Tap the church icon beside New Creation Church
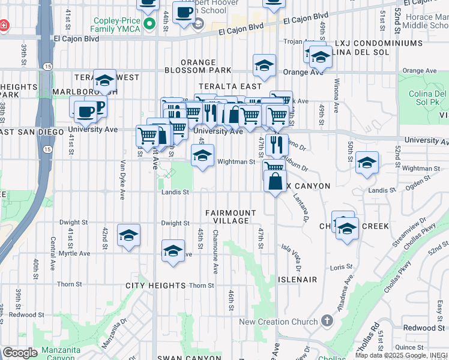pos(327,322)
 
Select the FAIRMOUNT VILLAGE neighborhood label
pos(231,217)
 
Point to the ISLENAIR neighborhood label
pos(297,280)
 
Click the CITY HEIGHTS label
pos(155,286)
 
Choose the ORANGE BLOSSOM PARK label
pos(198,66)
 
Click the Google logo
pos(19,353)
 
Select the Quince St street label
pos(409,347)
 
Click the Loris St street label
pos(340,267)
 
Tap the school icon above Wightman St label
pos(203,155)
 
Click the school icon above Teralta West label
pos(104,80)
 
